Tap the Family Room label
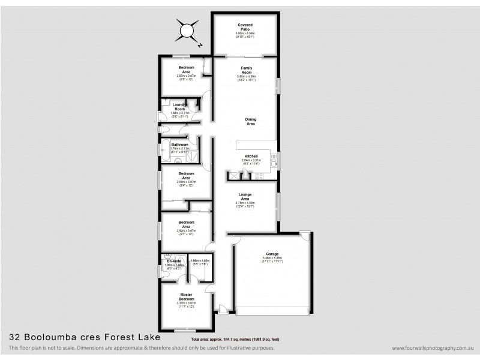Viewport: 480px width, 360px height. point(246,70)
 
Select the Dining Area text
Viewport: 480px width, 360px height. point(251,121)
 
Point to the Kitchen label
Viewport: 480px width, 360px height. point(251,155)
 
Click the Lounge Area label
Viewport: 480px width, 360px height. point(245,196)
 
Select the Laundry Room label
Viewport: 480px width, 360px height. point(179,107)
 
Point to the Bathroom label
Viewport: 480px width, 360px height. point(180,145)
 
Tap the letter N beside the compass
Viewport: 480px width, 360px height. point(200,44)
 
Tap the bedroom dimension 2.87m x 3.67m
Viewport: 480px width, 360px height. point(187,76)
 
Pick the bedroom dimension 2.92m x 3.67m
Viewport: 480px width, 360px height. point(185,230)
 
